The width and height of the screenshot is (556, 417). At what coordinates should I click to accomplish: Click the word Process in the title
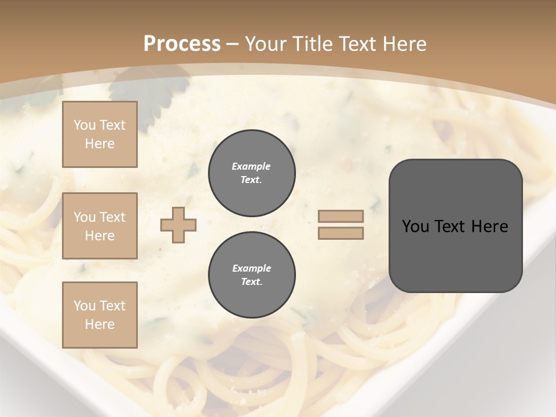(182, 44)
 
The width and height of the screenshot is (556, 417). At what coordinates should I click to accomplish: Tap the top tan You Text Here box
(100, 134)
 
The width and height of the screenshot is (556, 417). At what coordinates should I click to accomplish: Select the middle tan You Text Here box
(100, 226)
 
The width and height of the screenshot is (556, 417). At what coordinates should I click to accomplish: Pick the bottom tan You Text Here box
(100, 314)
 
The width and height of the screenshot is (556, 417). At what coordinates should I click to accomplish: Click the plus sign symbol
(178, 225)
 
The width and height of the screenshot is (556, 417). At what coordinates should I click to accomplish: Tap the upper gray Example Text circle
(251, 173)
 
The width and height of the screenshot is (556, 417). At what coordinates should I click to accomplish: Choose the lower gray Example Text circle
(251, 275)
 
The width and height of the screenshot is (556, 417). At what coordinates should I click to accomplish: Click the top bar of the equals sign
(341, 217)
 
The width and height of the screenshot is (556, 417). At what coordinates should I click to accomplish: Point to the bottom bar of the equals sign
(341, 233)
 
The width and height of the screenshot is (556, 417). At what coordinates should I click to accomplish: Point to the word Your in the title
(266, 44)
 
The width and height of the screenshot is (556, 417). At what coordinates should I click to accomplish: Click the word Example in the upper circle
(251, 166)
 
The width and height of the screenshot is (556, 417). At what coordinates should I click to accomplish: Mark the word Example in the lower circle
(251, 268)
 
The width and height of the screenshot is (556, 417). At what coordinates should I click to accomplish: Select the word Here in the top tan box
(100, 144)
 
